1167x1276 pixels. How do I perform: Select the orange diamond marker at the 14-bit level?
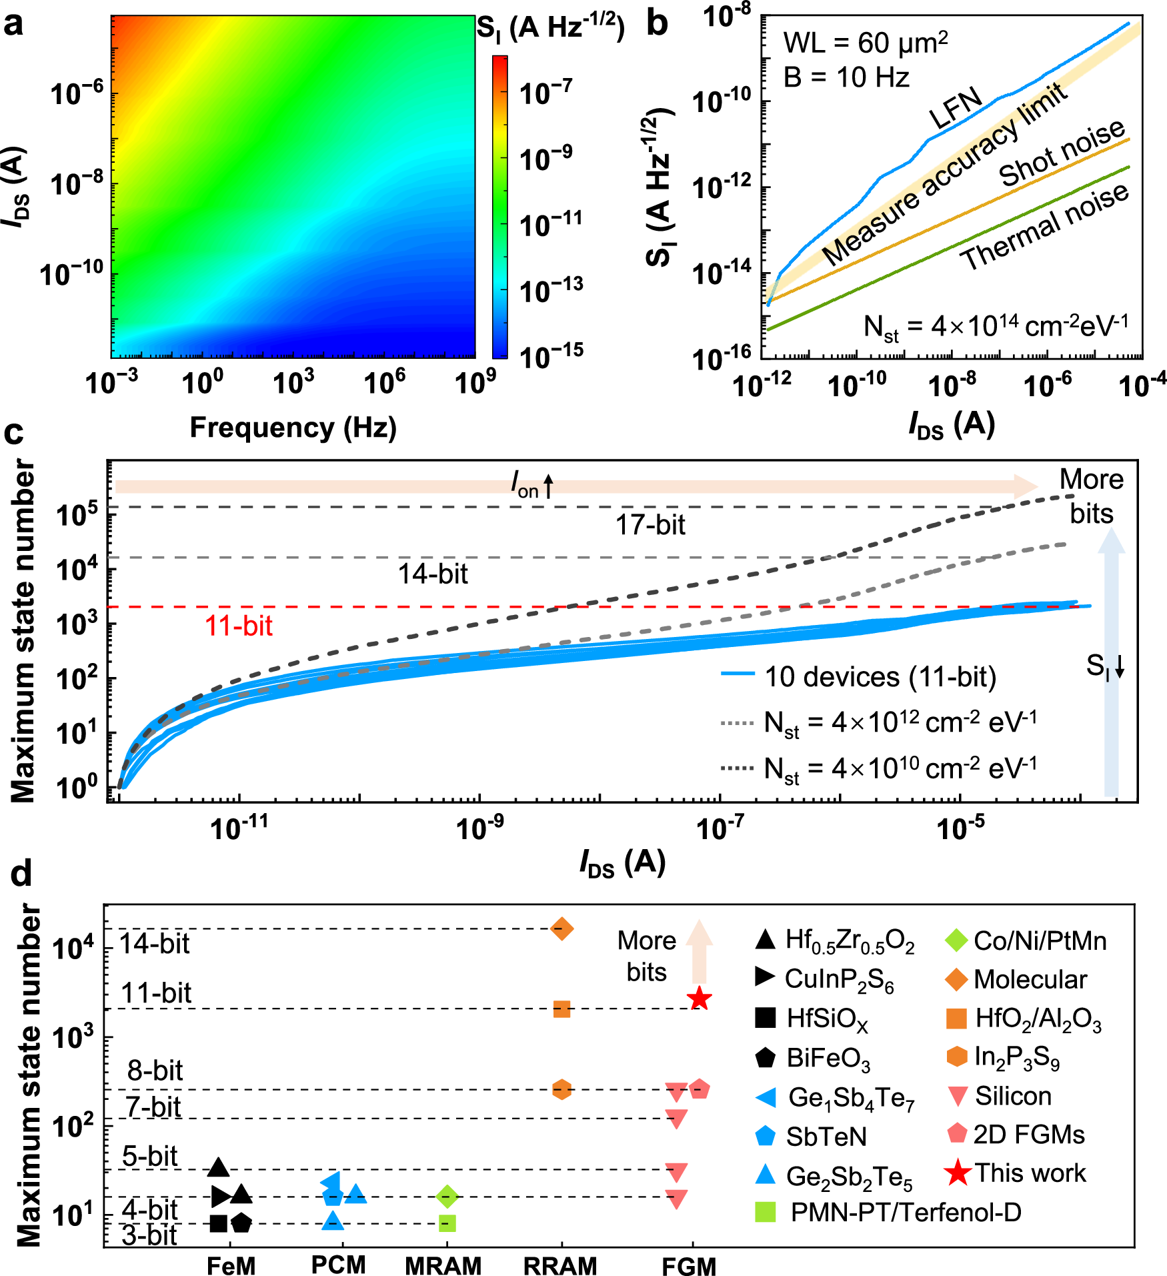click(x=561, y=928)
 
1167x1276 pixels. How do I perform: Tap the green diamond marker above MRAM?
click(x=447, y=1196)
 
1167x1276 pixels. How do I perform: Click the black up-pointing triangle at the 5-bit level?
click(x=219, y=1167)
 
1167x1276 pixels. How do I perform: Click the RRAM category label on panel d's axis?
click(x=560, y=1265)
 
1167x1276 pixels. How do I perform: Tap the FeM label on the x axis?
click(x=231, y=1265)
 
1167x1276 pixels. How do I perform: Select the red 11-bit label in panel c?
click(x=239, y=626)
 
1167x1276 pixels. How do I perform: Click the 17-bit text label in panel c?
click(x=650, y=525)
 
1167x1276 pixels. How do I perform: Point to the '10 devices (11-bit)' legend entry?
click(x=880, y=676)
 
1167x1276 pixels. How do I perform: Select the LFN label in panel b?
click(x=956, y=107)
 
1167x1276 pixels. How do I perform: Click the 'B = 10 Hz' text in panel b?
click(x=846, y=77)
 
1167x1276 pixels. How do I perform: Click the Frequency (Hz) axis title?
click(x=293, y=427)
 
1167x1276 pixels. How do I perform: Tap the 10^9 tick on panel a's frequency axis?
click(x=474, y=383)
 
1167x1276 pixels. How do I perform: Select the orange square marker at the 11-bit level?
click(x=561, y=1009)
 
